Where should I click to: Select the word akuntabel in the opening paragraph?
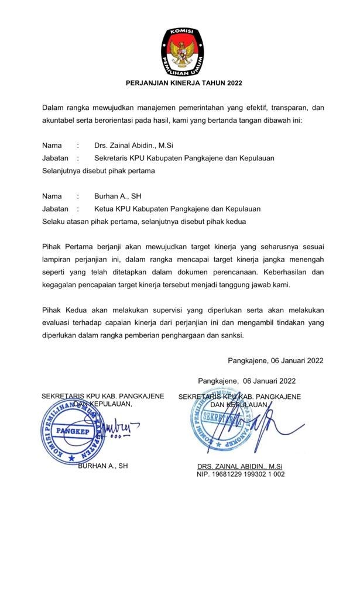[60, 121]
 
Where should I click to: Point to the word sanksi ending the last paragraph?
[231, 336]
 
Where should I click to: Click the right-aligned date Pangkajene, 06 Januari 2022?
[275, 361]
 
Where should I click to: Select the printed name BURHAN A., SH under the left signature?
[102, 466]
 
